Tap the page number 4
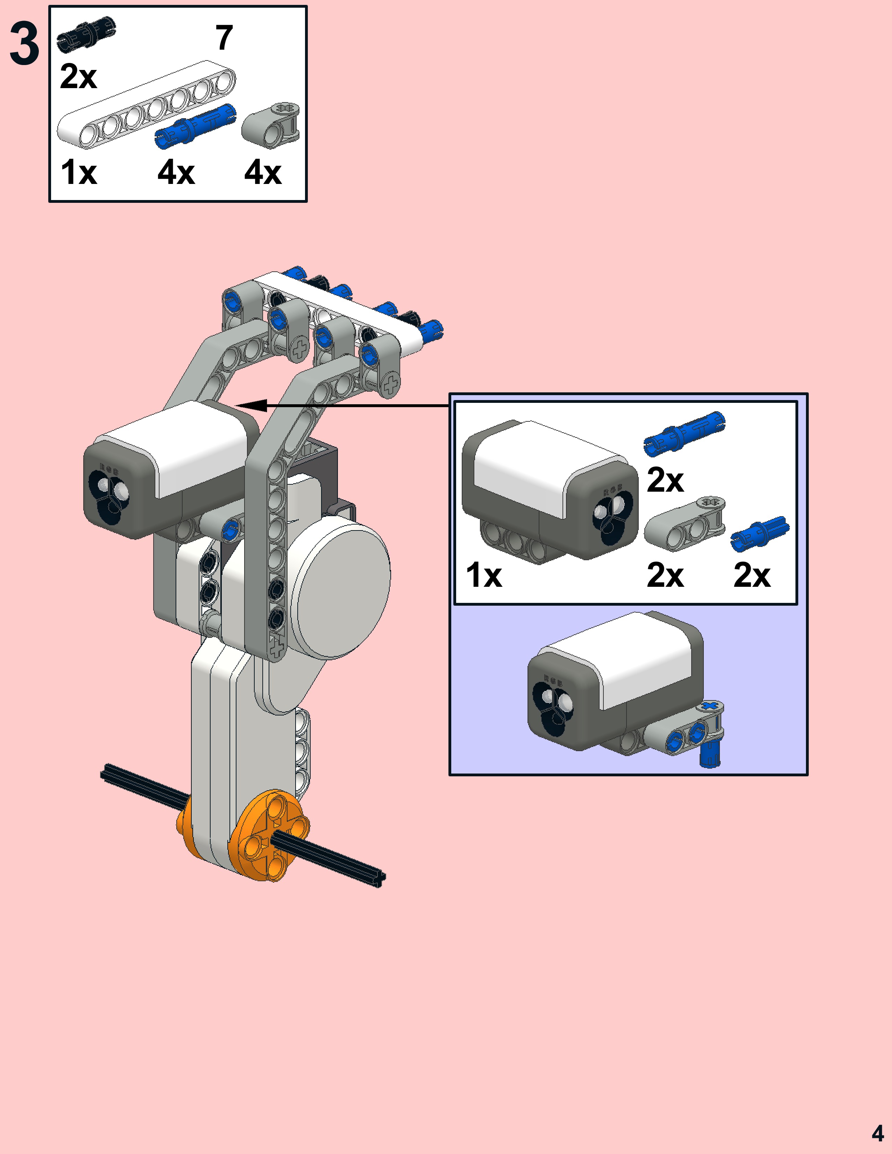[877, 1133]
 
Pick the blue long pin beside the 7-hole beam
[196, 126]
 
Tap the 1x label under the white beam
[79, 172]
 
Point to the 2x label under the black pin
[78, 77]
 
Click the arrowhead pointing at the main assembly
[248, 406]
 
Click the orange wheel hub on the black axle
[269, 835]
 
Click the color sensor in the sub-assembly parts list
[550, 491]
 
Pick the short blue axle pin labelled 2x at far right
[759, 531]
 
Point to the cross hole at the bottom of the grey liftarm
[276, 647]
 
